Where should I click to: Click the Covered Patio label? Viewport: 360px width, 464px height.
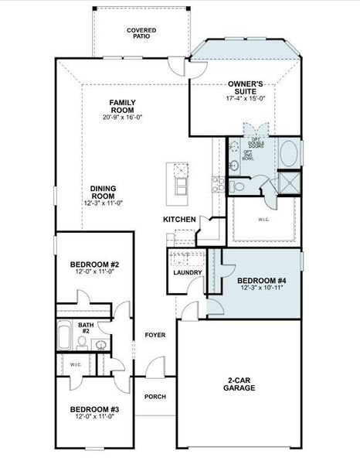coord(141,32)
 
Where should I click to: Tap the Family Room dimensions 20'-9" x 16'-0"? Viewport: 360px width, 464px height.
coord(122,118)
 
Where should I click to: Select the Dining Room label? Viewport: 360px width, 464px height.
coord(104,192)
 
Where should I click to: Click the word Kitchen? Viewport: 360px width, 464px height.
coord(179,220)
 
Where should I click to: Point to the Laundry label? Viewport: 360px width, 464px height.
coord(188,272)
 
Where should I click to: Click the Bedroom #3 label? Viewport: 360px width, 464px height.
coord(93,409)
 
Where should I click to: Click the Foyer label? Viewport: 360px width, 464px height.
coord(155,335)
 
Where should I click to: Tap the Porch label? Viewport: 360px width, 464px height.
coord(155,397)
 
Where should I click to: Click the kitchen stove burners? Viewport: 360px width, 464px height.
coord(217,184)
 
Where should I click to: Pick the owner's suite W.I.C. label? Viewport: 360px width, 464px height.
coord(263,219)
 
